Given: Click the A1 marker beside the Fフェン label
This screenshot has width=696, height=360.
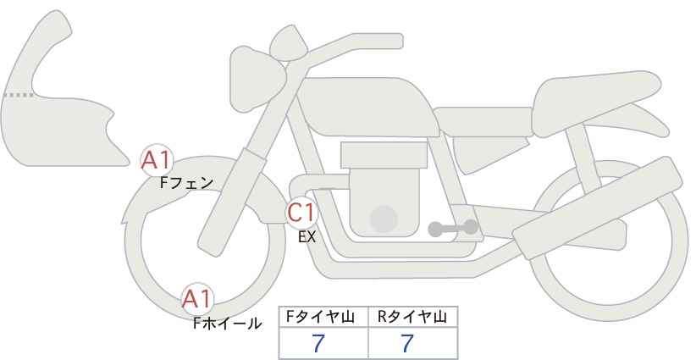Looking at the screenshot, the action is click(156, 160).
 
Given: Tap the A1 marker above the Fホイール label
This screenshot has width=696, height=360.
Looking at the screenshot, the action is click(197, 299).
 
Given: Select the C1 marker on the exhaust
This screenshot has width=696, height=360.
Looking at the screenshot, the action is click(301, 212).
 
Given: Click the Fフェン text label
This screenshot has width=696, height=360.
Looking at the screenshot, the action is click(186, 183).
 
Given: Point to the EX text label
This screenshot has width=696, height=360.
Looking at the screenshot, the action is click(307, 237).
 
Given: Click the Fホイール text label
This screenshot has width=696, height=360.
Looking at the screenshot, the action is click(227, 324).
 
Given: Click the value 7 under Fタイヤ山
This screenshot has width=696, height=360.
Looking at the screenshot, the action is click(318, 344).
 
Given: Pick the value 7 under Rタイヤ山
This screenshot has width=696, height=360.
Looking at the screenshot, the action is click(407, 344).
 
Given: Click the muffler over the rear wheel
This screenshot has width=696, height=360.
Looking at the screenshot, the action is click(598, 208).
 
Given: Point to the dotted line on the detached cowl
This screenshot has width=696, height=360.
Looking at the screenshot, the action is click(19, 95).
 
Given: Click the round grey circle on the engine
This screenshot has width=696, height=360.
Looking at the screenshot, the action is click(384, 219).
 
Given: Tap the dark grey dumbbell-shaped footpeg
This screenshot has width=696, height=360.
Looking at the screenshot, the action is click(453, 228).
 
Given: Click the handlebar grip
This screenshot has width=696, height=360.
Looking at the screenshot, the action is click(377, 42).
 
